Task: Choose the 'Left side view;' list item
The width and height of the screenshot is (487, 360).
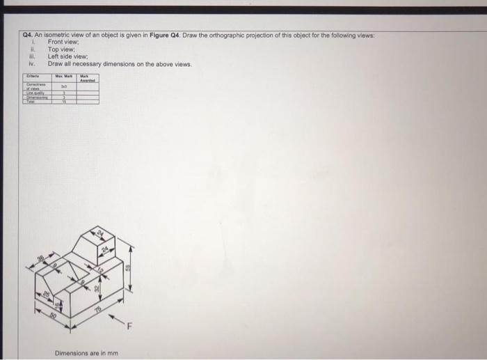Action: [x=69, y=56]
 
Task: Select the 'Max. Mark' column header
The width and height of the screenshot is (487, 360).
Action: [x=64, y=77]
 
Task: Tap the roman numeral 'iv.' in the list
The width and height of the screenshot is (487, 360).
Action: [x=31, y=63]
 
